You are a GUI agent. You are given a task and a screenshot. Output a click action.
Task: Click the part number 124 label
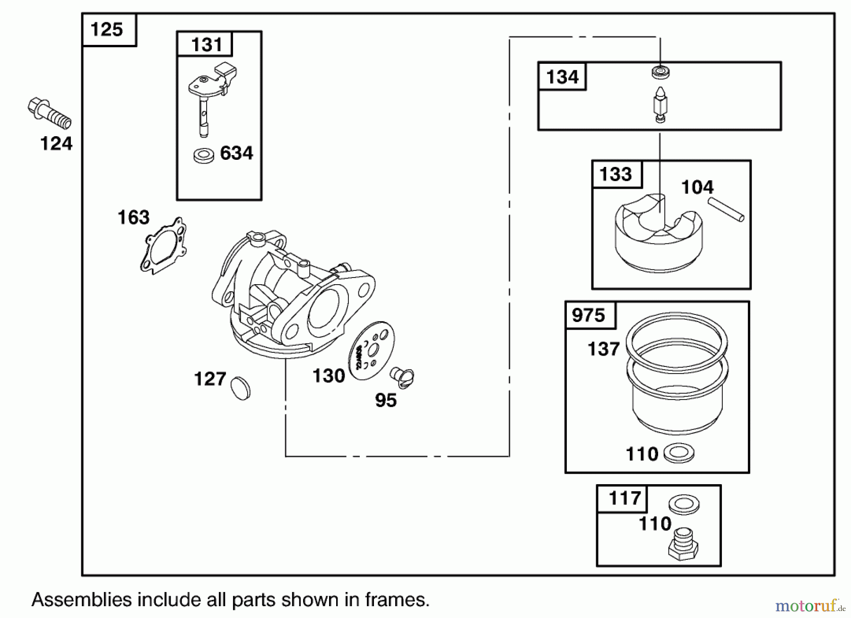pyautogui.click(x=56, y=143)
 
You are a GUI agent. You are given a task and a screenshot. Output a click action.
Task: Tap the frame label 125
pyautogui.click(x=107, y=29)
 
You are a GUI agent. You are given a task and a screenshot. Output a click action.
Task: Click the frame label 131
pyautogui.click(x=207, y=45)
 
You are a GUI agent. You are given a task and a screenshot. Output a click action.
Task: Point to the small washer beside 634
pyautogui.click(x=203, y=156)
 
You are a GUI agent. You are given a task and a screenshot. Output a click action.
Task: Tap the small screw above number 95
pyautogui.click(x=402, y=377)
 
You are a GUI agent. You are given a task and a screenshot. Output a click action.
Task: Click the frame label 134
pyautogui.click(x=562, y=77)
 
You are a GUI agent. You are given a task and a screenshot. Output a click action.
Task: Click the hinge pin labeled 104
pyautogui.click(x=726, y=209)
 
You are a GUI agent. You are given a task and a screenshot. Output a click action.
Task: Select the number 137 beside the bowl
pyautogui.click(x=603, y=349)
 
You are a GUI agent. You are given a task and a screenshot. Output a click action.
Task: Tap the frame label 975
pyautogui.click(x=588, y=315)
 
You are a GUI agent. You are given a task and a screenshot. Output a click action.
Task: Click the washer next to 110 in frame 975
pyautogui.click(x=679, y=453)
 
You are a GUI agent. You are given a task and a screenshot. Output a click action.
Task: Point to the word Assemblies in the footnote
pyautogui.click(x=81, y=600)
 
